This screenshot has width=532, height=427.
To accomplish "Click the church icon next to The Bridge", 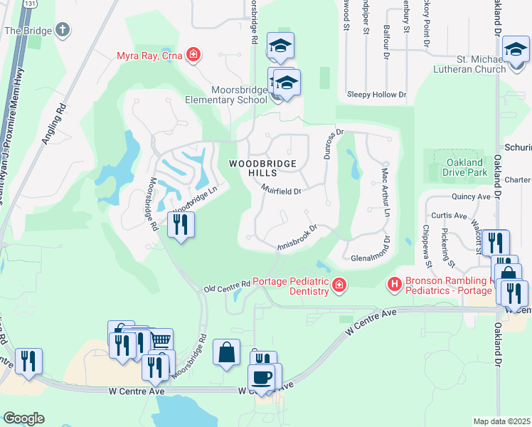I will click(63, 30).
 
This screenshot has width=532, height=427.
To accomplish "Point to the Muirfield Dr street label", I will click(281, 191).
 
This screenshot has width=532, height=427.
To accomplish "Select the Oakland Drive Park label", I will click(459, 167).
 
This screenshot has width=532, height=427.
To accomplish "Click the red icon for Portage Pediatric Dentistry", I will click(339, 285).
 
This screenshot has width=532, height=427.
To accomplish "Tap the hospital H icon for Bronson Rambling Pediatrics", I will click(394, 285).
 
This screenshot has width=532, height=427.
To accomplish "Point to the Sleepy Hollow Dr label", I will click(376, 94).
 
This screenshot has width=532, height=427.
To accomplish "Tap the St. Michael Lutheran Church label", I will click(471, 63).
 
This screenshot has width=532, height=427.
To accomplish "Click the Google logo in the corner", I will click(23, 418).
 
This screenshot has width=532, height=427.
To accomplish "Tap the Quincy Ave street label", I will click(471, 197).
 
